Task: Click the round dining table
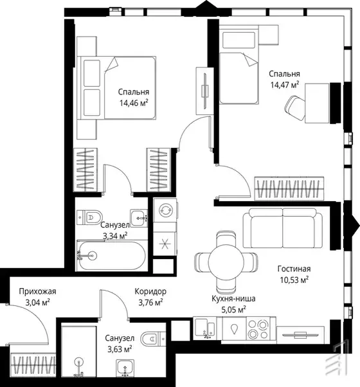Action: tap(226, 262)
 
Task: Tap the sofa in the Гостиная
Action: tap(282, 228)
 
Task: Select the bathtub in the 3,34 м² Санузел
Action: tap(113, 255)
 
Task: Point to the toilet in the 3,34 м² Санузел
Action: tap(89, 217)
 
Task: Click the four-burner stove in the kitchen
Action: tap(258, 329)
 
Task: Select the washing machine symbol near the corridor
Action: tap(165, 210)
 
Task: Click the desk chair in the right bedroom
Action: tap(295, 108)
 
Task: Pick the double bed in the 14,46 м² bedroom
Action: tap(116, 88)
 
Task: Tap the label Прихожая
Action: tap(37, 291)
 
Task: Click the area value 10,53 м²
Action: tap(294, 280)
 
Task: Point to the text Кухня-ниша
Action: tap(233, 298)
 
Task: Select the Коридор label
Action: tap(150, 291)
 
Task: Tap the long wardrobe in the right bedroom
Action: tap(289, 188)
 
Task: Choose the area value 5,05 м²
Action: tap(233, 309)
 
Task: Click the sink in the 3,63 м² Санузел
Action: tap(125, 367)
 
